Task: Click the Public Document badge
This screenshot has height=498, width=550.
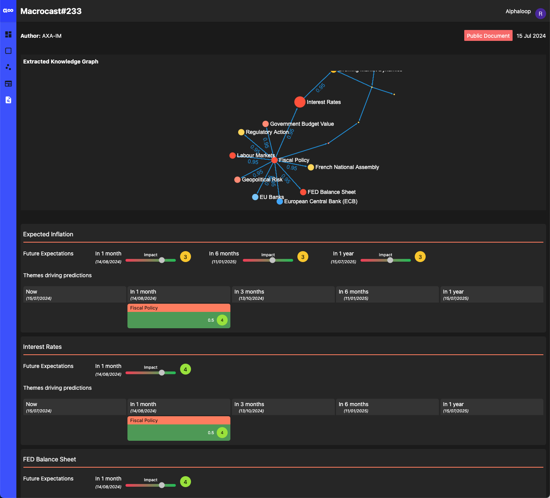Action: click(488, 36)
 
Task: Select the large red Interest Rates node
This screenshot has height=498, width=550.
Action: click(300, 102)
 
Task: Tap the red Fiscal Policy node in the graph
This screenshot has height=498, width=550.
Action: click(274, 160)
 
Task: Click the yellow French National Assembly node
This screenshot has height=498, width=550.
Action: click(311, 167)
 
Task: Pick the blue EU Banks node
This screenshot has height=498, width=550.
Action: click(255, 197)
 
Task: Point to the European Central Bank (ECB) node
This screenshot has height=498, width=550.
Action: click(280, 201)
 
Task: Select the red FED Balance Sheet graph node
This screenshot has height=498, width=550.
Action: click(303, 192)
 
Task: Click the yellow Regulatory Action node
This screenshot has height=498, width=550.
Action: click(241, 132)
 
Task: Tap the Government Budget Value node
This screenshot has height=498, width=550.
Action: click(265, 124)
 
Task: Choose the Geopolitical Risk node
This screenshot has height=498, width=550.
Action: click(237, 179)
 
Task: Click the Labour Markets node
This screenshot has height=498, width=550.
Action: click(233, 155)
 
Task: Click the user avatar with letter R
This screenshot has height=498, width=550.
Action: click(540, 14)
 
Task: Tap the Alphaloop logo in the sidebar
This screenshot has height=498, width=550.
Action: click(8, 11)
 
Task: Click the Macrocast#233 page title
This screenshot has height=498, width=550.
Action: click(51, 11)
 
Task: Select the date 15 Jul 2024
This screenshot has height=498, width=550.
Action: click(531, 36)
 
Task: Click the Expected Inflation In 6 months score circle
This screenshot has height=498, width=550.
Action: click(303, 257)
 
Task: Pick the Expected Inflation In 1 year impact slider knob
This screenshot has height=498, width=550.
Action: click(390, 260)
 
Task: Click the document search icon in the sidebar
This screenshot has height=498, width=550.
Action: click(8, 100)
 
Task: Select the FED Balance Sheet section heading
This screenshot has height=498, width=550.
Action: click(50, 459)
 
